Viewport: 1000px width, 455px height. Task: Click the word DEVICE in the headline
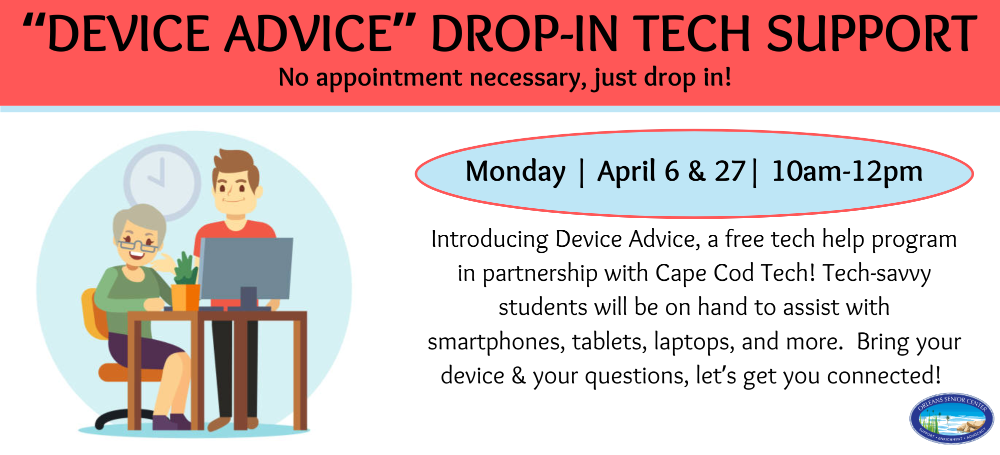click(129, 34)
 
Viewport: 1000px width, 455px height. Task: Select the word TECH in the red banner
click(692, 34)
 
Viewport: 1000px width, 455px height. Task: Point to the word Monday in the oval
click(515, 172)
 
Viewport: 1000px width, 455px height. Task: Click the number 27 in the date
click(730, 172)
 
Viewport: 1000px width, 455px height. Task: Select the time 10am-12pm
click(847, 172)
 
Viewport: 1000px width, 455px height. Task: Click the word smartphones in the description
click(496, 342)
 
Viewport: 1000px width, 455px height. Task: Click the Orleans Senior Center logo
click(951, 418)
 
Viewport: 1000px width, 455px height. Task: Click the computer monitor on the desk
click(246, 268)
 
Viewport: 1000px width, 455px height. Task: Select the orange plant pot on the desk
click(185, 296)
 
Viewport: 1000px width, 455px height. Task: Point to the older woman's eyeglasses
click(137, 246)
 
